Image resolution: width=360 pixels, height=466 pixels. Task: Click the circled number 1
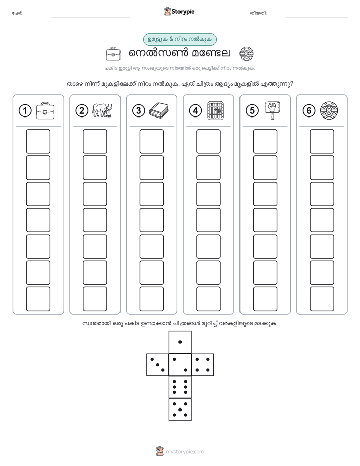(x=25, y=111)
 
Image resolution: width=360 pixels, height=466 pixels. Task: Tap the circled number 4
(x=195, y=111)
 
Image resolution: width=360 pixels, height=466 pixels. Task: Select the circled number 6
(x=309, y=111)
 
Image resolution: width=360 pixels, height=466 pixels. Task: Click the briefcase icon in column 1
(x=45, y=110)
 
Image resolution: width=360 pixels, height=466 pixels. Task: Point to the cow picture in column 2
(x=102, y=110)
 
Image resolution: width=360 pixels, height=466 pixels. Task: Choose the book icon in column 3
(x=159, y=110)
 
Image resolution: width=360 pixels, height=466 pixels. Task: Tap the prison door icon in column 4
(x=215, y=110)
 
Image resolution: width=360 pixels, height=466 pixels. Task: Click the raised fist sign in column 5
(x=272, y=110)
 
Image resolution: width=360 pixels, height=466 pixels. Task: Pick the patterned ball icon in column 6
(x=329, y=110)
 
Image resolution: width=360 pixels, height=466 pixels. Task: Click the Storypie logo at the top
(x=179, y=12)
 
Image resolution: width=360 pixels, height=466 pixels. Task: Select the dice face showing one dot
(x=180, y=342)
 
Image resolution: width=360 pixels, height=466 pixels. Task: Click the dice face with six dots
(x=180, y=387)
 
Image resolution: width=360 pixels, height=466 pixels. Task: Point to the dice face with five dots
(x=180, y=410)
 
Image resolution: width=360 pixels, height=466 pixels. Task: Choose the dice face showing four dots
(x=203, y=365)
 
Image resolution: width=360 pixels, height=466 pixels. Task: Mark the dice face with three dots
(x=158, y=365)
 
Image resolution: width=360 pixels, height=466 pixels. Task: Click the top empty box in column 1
(x=38, y=141)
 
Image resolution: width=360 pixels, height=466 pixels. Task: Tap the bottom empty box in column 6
(x=322, y=299)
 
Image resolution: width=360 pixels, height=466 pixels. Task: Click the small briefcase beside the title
(x=113, y=54)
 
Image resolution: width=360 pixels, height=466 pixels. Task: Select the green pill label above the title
(x=180, y=39)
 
